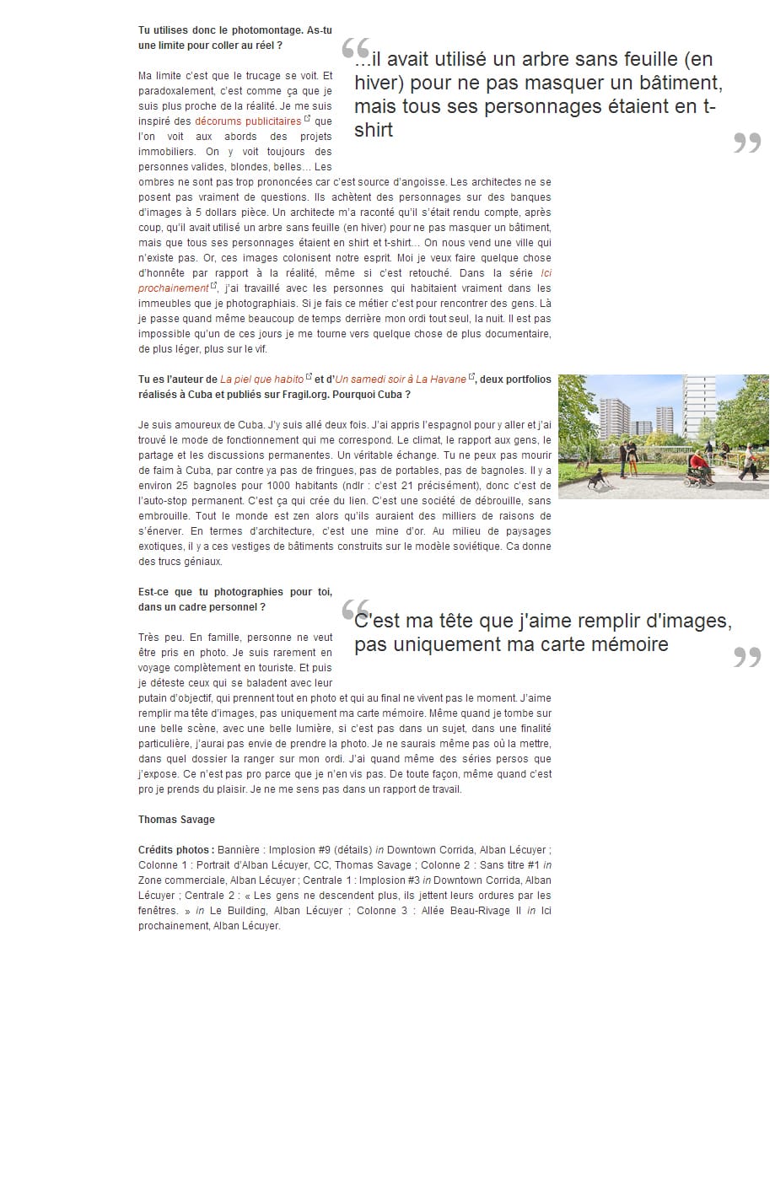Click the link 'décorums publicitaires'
click(248, 121)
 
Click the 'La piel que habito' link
click(261, 379)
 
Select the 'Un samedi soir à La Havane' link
click(401, 379)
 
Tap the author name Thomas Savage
click(176, 820)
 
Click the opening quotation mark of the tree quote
click(355, 49)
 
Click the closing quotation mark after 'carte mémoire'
click(747, 656)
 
